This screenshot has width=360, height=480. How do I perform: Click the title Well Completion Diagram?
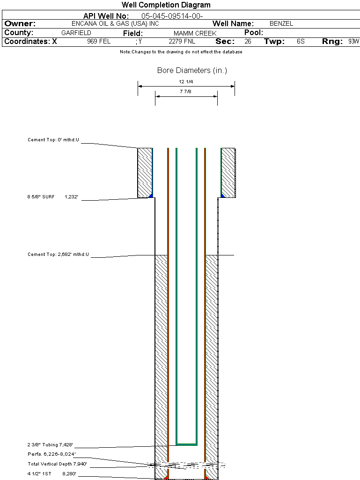[166, 5]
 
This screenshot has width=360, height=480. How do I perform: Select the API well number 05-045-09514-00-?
[172, 16]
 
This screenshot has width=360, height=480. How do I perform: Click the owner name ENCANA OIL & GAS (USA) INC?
[115, 23]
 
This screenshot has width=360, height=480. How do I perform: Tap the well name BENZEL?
[281, 23]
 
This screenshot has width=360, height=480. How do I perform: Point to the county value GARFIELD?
[76, 33]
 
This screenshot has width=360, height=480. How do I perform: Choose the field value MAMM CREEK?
[195, 33]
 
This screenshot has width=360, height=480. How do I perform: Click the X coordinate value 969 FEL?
[99, 41]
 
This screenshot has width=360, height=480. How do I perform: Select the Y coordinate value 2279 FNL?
[182, 41]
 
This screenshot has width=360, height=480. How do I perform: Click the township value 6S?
[301, 41]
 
